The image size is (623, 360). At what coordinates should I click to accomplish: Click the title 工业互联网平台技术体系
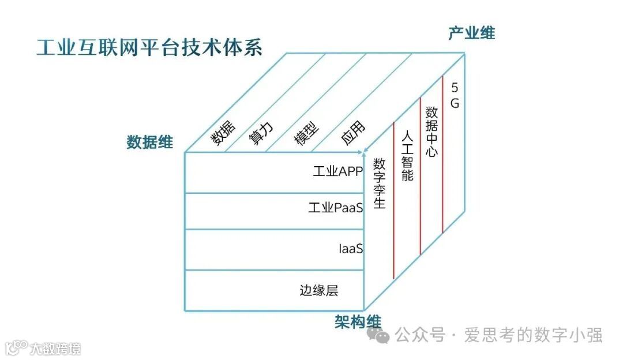[149, 48]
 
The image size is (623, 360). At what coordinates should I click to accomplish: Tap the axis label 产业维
[471, 33]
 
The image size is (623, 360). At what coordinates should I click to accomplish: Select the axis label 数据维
[149, 142]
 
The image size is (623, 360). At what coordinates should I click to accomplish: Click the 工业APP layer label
[337, 171]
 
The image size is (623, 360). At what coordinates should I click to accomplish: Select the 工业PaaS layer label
[335, 208]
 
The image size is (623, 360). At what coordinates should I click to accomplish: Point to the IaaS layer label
[351, 249]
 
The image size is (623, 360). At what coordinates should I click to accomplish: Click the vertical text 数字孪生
[379, 183]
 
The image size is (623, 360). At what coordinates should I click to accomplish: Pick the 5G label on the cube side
[455, 96]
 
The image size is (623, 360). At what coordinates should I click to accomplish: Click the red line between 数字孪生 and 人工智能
[393, 202]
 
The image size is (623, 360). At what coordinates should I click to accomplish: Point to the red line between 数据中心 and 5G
[442, 156]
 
